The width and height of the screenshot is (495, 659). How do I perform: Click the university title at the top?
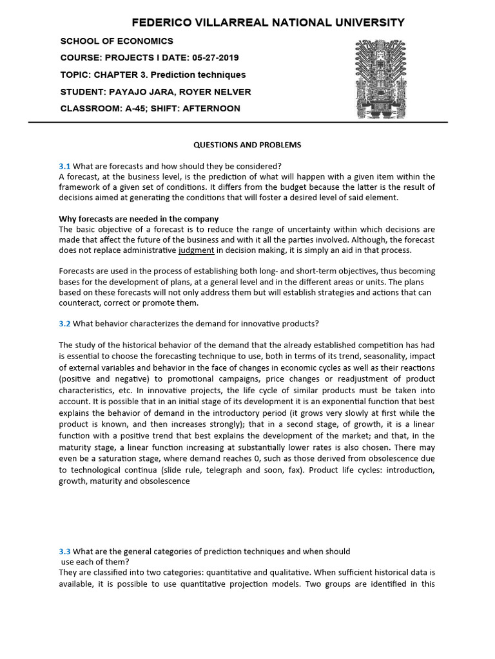268,23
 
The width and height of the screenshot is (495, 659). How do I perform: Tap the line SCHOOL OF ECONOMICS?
117,41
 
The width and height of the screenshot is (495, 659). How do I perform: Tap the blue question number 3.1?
64,165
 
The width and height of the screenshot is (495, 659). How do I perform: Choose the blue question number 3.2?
64,323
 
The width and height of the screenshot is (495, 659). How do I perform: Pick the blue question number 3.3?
64,551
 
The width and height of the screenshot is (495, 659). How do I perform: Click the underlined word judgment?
196,250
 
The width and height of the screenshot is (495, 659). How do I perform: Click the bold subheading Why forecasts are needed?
139,219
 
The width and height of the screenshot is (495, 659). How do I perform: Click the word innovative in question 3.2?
246,323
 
